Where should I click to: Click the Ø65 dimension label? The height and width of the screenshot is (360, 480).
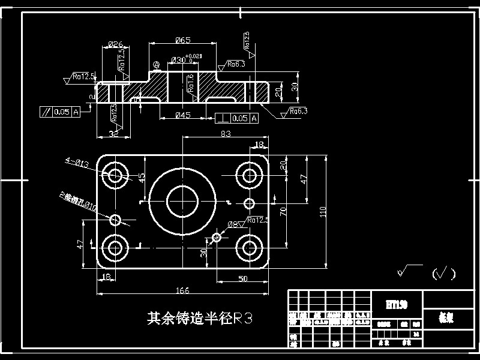182,40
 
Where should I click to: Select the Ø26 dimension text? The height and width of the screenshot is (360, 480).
116,44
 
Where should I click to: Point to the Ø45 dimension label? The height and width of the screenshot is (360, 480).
182,115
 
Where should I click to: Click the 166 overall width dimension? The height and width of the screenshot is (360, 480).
182,290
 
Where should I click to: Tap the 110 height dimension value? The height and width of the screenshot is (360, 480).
322,211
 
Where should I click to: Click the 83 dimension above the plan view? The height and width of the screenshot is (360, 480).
226,134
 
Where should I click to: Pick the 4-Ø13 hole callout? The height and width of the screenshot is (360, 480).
77,163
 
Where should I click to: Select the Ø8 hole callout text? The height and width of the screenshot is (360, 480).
232,224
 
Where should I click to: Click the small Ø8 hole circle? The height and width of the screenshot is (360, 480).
216,238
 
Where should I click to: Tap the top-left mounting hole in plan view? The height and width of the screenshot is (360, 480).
115,175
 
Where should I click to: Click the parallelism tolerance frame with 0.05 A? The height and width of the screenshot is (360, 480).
60,111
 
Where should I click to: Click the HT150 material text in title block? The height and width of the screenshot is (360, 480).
397,305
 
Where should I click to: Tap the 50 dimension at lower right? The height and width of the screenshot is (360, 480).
243,278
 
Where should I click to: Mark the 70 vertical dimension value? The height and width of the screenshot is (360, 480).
283,210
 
